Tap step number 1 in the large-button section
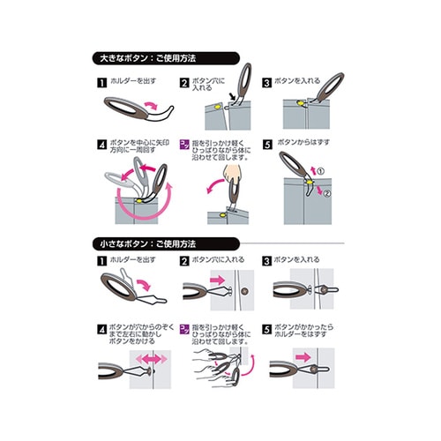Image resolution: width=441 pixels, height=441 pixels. point(101,82)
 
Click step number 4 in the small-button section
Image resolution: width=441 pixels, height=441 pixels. point(101,327)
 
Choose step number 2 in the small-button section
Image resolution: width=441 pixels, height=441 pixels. point(184,262)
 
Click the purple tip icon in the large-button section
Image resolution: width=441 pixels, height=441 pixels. point(184,143)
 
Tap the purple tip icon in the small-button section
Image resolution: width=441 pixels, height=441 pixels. point(184,327)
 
